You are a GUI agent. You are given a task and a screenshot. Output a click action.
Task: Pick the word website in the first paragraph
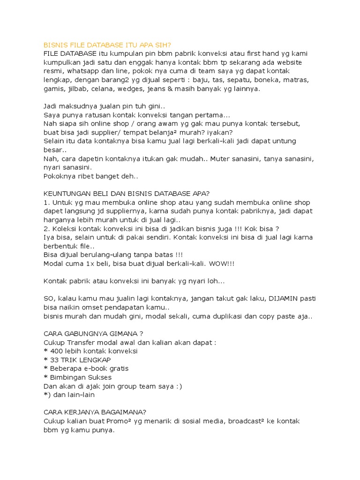click(x=287, y=62)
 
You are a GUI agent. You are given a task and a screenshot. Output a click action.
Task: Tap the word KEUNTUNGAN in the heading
click(x=67, y=194)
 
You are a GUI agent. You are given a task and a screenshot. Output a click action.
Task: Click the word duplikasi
click(x=225, y=316)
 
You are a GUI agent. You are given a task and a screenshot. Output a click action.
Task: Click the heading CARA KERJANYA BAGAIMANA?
click(x=95, y=412)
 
